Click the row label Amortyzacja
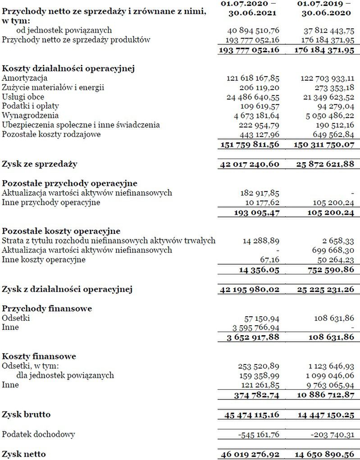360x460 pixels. click(25, 78)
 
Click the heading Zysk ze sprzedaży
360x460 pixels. click(40, 164)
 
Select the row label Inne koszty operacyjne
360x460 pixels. click(44, 260)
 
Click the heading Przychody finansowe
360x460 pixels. click(47, 309)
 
